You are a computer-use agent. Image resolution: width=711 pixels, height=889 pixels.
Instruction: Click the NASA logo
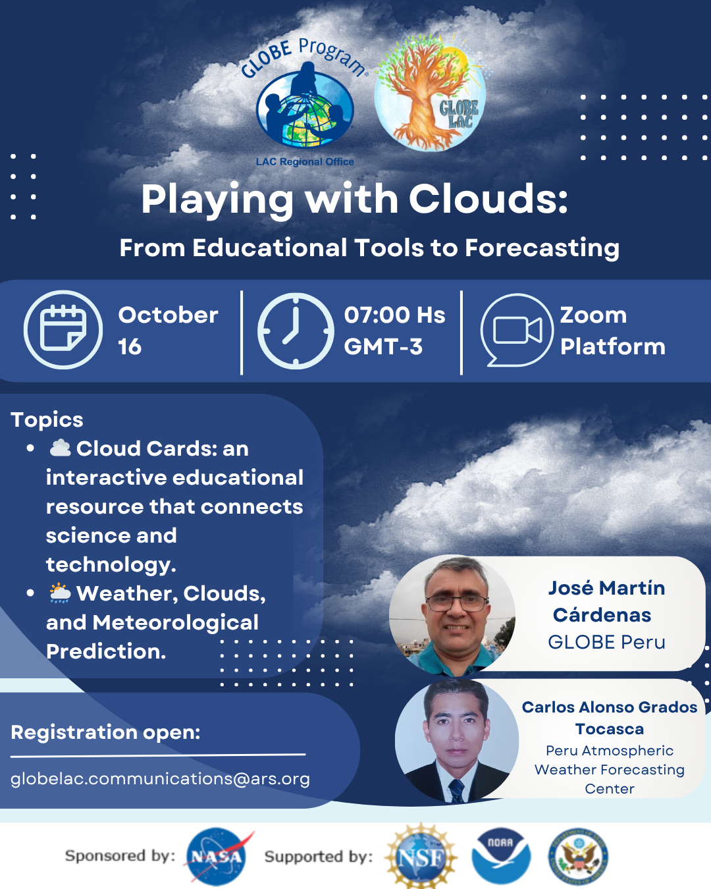[217, 856]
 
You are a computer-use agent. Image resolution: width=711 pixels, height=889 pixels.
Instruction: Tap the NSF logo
[421, 857]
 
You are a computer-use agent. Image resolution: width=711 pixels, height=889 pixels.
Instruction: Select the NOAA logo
[501, 856]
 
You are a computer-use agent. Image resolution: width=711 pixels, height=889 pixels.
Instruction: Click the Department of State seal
[578, 856]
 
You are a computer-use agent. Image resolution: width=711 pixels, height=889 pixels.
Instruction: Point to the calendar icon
[63, 329]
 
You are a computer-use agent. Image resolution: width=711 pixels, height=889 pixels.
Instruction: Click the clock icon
[296, 331]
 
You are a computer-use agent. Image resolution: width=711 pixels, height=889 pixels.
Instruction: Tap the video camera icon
[517, 330]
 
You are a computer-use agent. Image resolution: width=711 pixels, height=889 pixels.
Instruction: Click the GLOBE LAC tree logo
[430, 93]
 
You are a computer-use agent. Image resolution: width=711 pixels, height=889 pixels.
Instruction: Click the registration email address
[160, 779]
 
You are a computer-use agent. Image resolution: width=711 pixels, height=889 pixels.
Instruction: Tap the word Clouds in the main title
[488, 199]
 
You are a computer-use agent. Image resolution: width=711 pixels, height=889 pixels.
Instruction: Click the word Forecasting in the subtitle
[542, 248]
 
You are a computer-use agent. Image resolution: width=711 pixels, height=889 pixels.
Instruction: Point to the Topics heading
[47, 419]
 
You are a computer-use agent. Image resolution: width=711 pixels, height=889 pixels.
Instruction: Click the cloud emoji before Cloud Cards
[61, 448]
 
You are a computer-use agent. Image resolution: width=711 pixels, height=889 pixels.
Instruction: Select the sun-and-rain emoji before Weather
[60, 593]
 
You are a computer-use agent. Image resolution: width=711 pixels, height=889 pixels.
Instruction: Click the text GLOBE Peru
[606, 642]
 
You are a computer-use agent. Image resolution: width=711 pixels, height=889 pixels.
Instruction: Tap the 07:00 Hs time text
[394, 315]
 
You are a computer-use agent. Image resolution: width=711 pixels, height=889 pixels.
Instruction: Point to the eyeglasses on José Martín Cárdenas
[458, 604]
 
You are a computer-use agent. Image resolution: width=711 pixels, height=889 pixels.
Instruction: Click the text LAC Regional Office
[305, 161]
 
